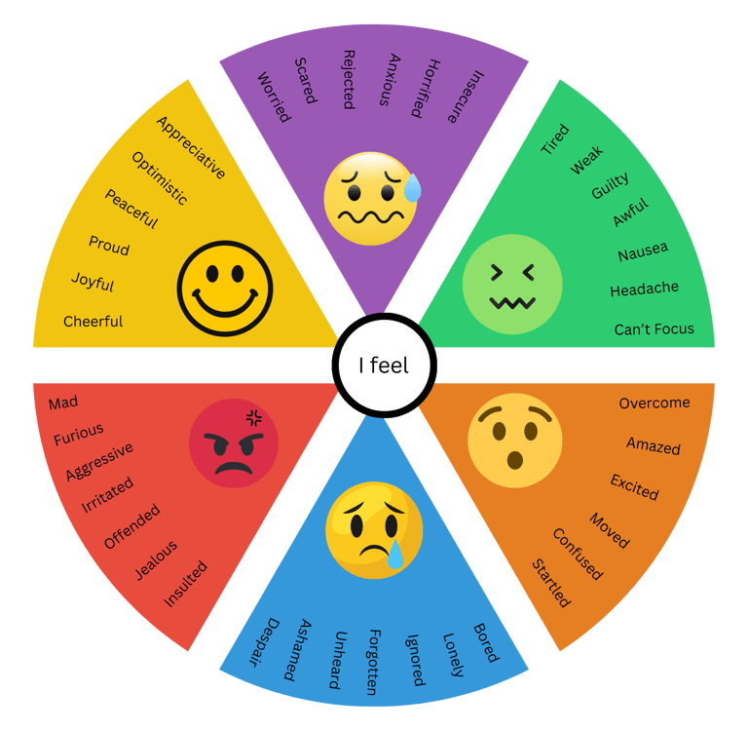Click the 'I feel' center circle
coord(384,366)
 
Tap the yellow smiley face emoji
coord(225,289)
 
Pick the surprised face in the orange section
coord(515,441)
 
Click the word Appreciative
coord(191,147)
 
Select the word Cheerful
coord(93,321)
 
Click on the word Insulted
coord(185,583)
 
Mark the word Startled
coord(551,583)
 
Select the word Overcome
coord(654,403)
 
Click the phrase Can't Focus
coord(654,329)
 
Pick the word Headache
coord(644,289)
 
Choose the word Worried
coord(273,96)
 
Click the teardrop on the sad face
coord(395,556)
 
